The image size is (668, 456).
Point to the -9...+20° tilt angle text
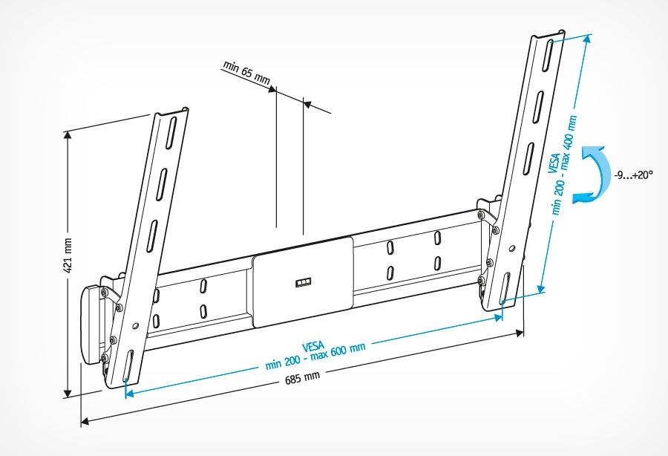633,175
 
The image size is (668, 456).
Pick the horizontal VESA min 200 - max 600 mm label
315,354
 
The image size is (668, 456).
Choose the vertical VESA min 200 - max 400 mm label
562,166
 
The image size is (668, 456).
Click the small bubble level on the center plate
303,283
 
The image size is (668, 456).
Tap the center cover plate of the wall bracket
303,282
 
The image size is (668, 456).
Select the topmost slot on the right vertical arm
549,56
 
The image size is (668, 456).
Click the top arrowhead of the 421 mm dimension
67,135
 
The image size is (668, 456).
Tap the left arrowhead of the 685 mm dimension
85,422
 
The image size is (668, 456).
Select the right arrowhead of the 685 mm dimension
520,333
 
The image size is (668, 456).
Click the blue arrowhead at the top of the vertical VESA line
588,39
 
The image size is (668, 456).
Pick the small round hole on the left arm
136,326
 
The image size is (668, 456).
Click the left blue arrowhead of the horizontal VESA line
130,393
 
